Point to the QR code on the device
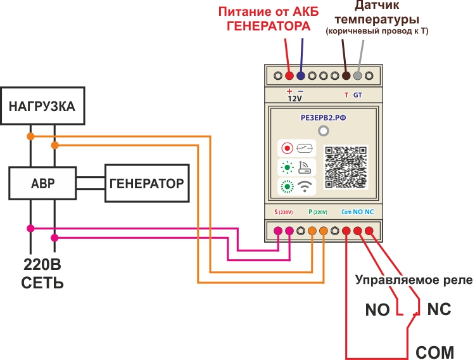click(346, 167)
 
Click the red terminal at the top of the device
click(289, 76)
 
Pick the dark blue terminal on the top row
click(300, 76)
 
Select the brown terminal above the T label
click(346, 76)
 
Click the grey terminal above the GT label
click(357, 76)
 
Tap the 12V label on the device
click(294, 99)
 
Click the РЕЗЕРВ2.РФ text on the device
click(323, 118)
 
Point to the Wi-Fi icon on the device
click(305, 186)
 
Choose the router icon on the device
click(305, 167)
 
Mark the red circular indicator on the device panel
click(287, 148)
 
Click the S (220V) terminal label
click(284, 212)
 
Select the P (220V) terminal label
click(318, 212)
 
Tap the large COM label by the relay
click(434, 352)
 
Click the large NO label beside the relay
click(377, 310)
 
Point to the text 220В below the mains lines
click(42, 265)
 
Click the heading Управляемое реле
click(414, 280)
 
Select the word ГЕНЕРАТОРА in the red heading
click(269, 26)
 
